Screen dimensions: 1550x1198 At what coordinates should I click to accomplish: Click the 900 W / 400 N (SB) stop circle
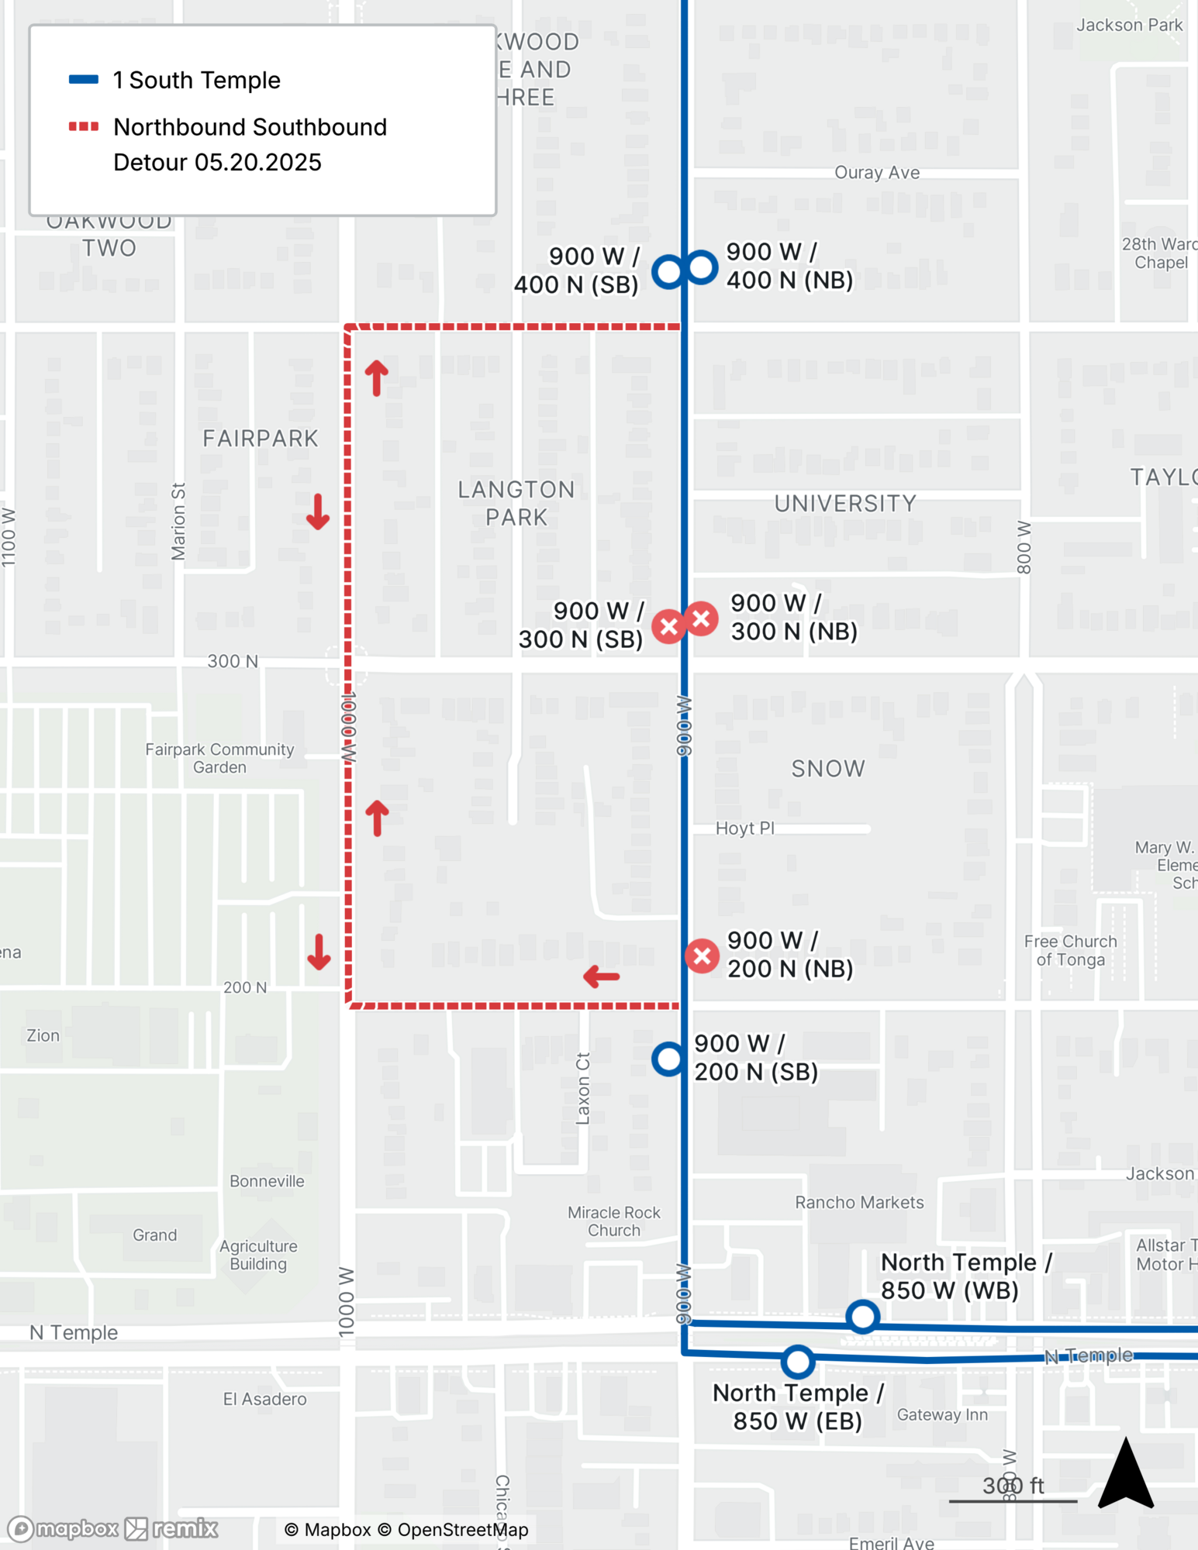coord(668,271)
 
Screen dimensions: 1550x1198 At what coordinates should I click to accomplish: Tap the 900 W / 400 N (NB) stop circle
coord(701,267)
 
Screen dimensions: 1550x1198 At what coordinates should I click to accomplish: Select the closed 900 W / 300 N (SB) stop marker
coord(668,626)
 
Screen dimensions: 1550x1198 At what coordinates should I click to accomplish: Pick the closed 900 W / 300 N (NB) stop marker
coord(702,618)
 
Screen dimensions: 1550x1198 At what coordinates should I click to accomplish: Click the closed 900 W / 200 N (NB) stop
coord(702,956)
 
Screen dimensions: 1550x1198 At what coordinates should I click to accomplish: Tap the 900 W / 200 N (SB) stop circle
coord(668,1059)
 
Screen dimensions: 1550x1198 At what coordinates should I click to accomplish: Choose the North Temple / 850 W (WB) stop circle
coord(862,1316)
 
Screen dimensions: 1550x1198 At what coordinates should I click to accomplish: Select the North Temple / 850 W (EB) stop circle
coord(797,1361)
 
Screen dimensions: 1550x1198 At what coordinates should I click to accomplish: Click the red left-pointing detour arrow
coord(601,976)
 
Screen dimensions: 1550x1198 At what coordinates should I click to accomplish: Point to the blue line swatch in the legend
coord(84,79)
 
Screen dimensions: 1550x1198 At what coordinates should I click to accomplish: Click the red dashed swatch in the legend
coord(84,126)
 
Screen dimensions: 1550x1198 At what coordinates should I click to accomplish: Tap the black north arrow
coord(1126,1474)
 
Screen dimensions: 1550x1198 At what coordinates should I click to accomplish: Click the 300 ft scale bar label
coord(1013,1485)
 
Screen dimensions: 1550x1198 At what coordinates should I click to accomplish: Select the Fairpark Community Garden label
coord(219,758)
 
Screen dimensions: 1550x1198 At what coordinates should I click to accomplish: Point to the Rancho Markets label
coord(859,1202)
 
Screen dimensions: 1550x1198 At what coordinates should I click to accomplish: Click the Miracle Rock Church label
coord(613,1221)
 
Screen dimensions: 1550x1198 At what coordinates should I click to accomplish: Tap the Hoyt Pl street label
coord(744,828)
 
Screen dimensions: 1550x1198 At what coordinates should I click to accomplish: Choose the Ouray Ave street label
coord(877,172)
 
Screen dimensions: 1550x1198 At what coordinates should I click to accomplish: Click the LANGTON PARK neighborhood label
coord(516,503)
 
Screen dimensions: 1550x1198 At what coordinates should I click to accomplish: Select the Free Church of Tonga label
coord(1070,950)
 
